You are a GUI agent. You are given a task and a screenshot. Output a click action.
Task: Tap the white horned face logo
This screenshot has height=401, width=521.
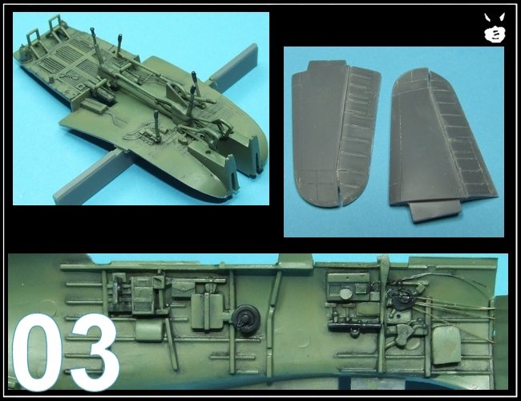tap(495, 29)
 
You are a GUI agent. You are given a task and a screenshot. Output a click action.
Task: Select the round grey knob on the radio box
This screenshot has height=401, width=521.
tap(346, 294)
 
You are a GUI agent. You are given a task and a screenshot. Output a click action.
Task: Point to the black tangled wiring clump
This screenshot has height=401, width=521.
tap(401, 297)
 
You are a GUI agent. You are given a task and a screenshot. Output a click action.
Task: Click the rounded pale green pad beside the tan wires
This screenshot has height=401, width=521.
tap(447, 345)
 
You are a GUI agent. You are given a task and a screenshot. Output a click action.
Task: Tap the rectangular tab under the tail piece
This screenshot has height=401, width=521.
tap(434, 213)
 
